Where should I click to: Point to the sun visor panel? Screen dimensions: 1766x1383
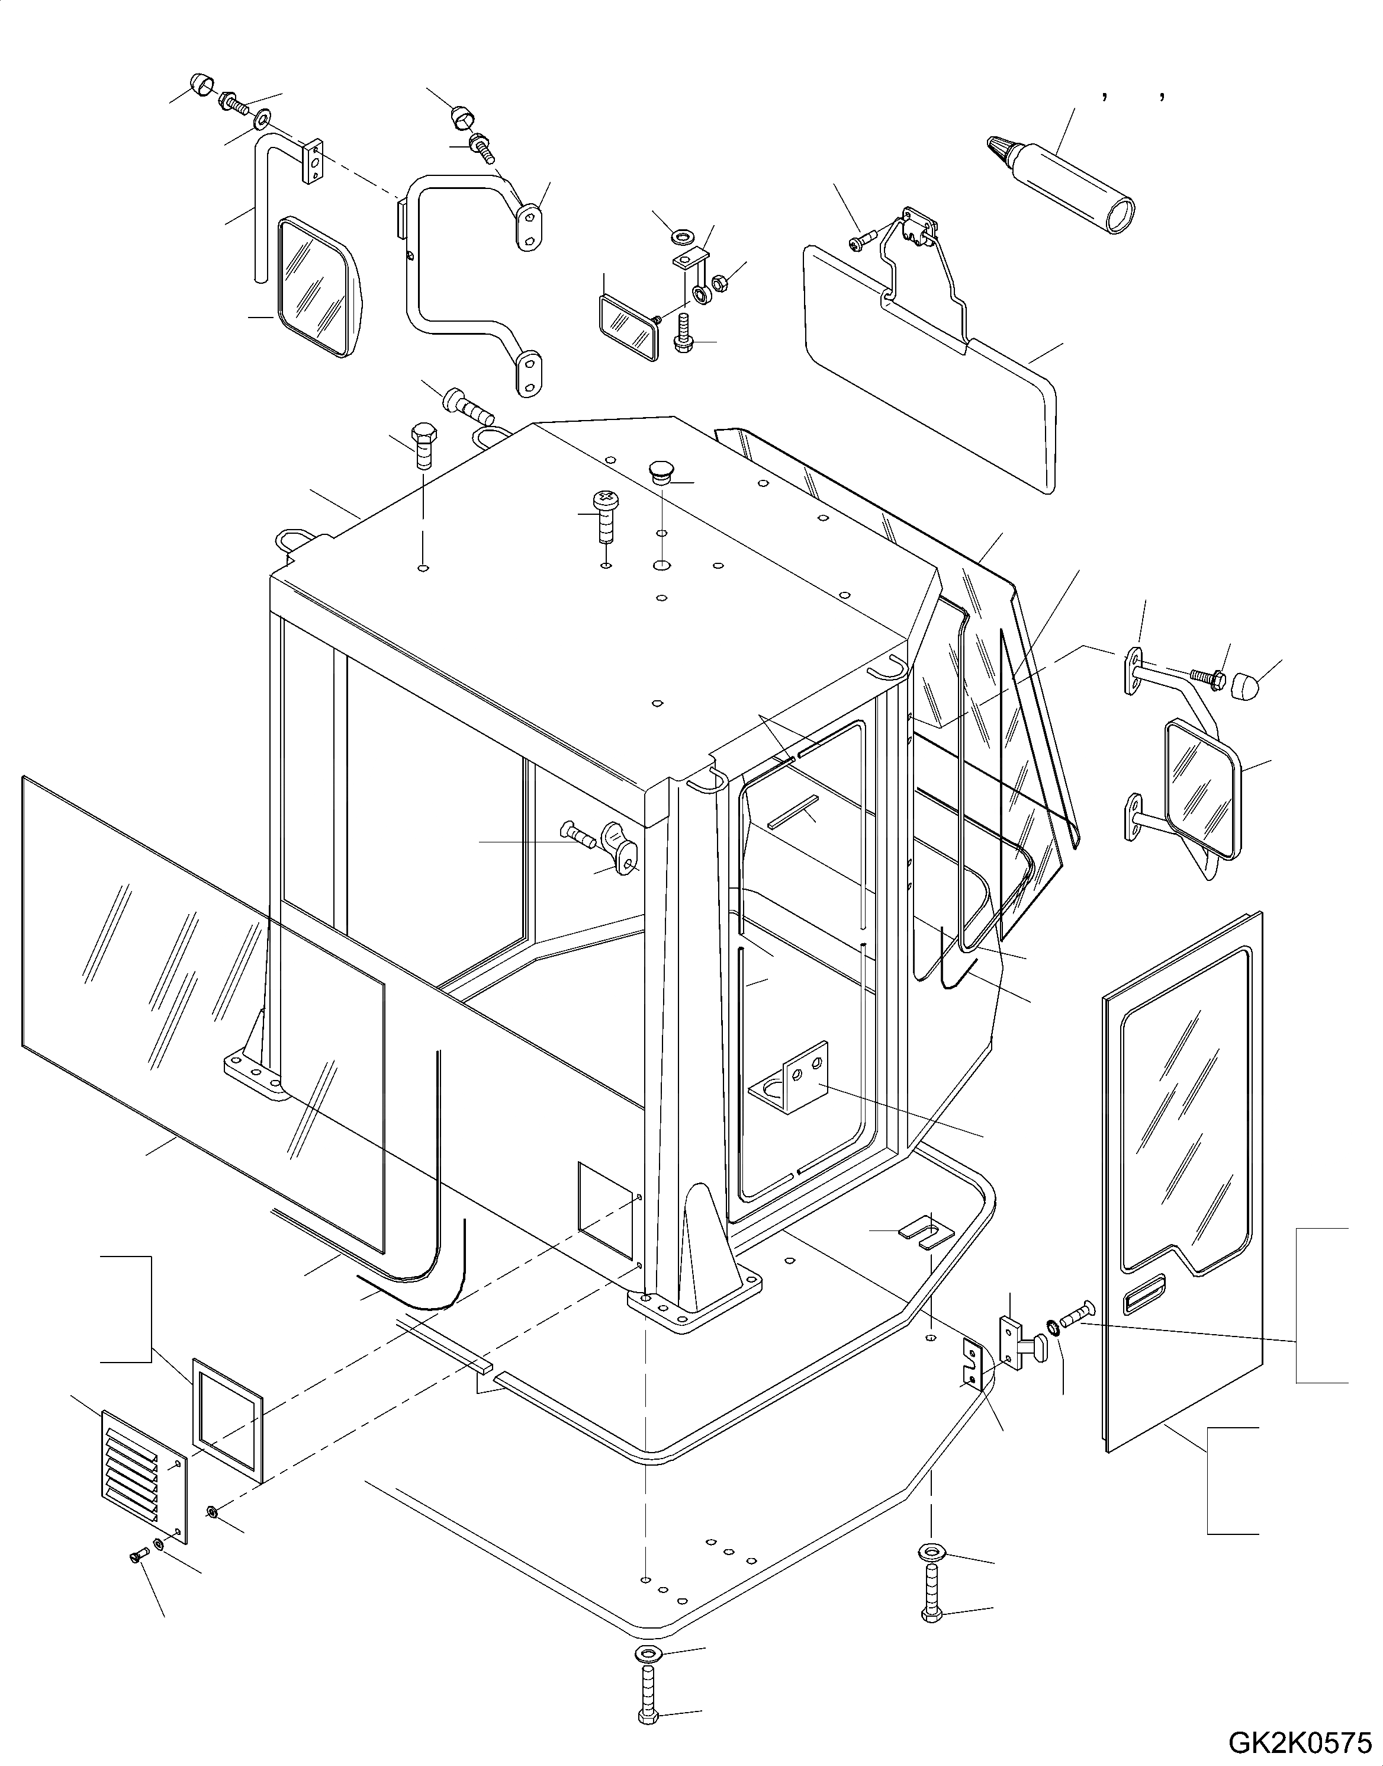pyautogui.click(x=931, y=364)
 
